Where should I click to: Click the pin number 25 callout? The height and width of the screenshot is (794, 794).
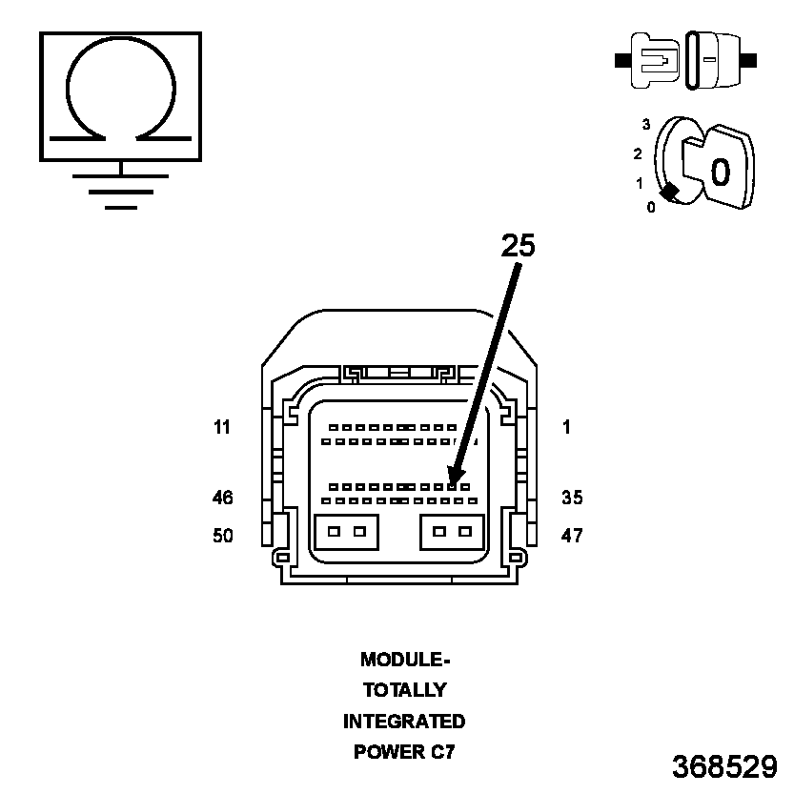point(519,246)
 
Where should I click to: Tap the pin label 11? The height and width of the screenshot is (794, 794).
point(222,428)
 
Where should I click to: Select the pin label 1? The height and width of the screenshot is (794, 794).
point(566,428)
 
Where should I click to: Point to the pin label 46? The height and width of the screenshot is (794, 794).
point(222,498)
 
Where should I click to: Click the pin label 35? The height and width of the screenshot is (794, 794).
point(572,498)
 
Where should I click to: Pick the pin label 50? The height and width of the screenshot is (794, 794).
point(222,536)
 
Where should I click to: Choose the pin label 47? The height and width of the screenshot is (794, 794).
point(572,536)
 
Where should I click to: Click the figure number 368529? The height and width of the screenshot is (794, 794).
point(723,766)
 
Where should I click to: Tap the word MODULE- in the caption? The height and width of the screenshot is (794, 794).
point(404,659)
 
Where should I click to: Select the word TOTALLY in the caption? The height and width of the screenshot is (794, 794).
point(404,690)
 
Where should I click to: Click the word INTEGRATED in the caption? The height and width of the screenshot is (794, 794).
point(404,722)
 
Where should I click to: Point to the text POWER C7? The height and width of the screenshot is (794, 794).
point(404,752)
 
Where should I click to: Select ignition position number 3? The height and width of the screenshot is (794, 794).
point(646,125)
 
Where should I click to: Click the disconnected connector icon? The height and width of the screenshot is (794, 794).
point(686,60)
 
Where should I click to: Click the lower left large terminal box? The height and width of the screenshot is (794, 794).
point(346,532)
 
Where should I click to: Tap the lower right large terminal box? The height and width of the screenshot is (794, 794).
point(452,532)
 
